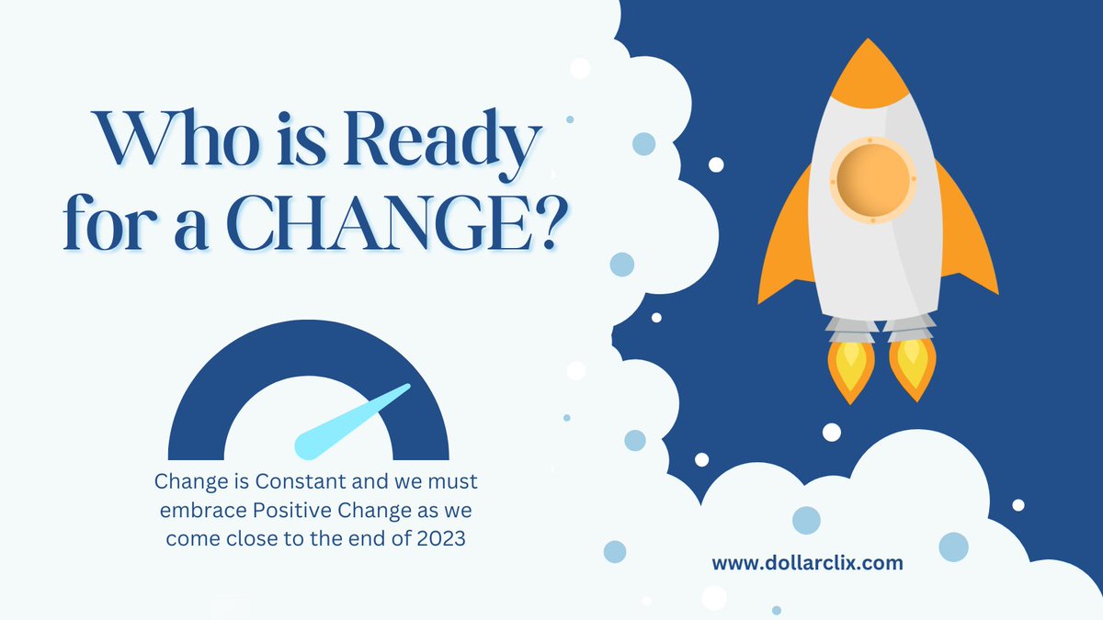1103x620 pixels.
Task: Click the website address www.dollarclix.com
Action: click(x=808, y=563)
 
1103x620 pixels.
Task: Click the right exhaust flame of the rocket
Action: click(x=912, y=367)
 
